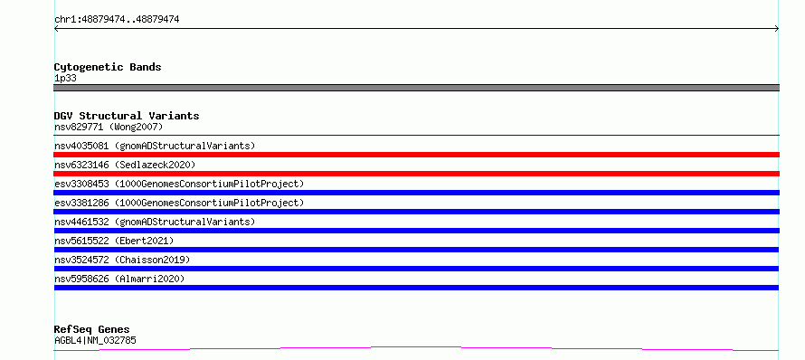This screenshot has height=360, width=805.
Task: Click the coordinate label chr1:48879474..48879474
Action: click(x=117, y=20)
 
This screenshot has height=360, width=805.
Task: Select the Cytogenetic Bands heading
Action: click(x=108, y=67)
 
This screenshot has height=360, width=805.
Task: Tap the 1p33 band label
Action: click(x=65, y=79)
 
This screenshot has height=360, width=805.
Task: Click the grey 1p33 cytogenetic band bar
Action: click(x=416, y=88)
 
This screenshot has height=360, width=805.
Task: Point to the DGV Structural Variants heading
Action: click(x=127, y=116)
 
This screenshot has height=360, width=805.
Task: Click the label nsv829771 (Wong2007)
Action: click(x=109, y=127)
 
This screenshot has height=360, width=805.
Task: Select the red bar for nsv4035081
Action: click(x=416, y=155)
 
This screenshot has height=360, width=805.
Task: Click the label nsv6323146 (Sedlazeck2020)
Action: click(x=125, y=165)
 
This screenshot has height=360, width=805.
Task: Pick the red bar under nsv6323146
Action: click(x=416, y=174)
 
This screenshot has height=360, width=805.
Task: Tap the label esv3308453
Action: click(x=81, y=184)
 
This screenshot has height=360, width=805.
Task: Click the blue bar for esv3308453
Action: click(x=416, y=193)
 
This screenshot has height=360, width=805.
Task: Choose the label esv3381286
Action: click(x=81, y=203)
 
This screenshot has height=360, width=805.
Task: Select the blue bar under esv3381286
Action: click(x=416, y=212)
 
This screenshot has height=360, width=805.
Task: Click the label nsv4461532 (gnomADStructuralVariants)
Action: click(x=155, y=222)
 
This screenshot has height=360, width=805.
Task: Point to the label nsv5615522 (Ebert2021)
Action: click(x=114, y=241)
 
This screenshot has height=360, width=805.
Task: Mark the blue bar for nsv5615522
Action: click(x=416, y=250)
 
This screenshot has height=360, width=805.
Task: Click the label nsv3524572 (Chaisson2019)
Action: click(x=122, y=260)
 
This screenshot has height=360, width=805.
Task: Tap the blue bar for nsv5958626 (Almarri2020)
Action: click(x=416, y=288)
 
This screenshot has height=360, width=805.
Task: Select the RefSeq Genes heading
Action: click(x=92, y=330)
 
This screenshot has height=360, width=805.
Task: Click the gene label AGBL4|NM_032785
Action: click(x=95, y=340)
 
